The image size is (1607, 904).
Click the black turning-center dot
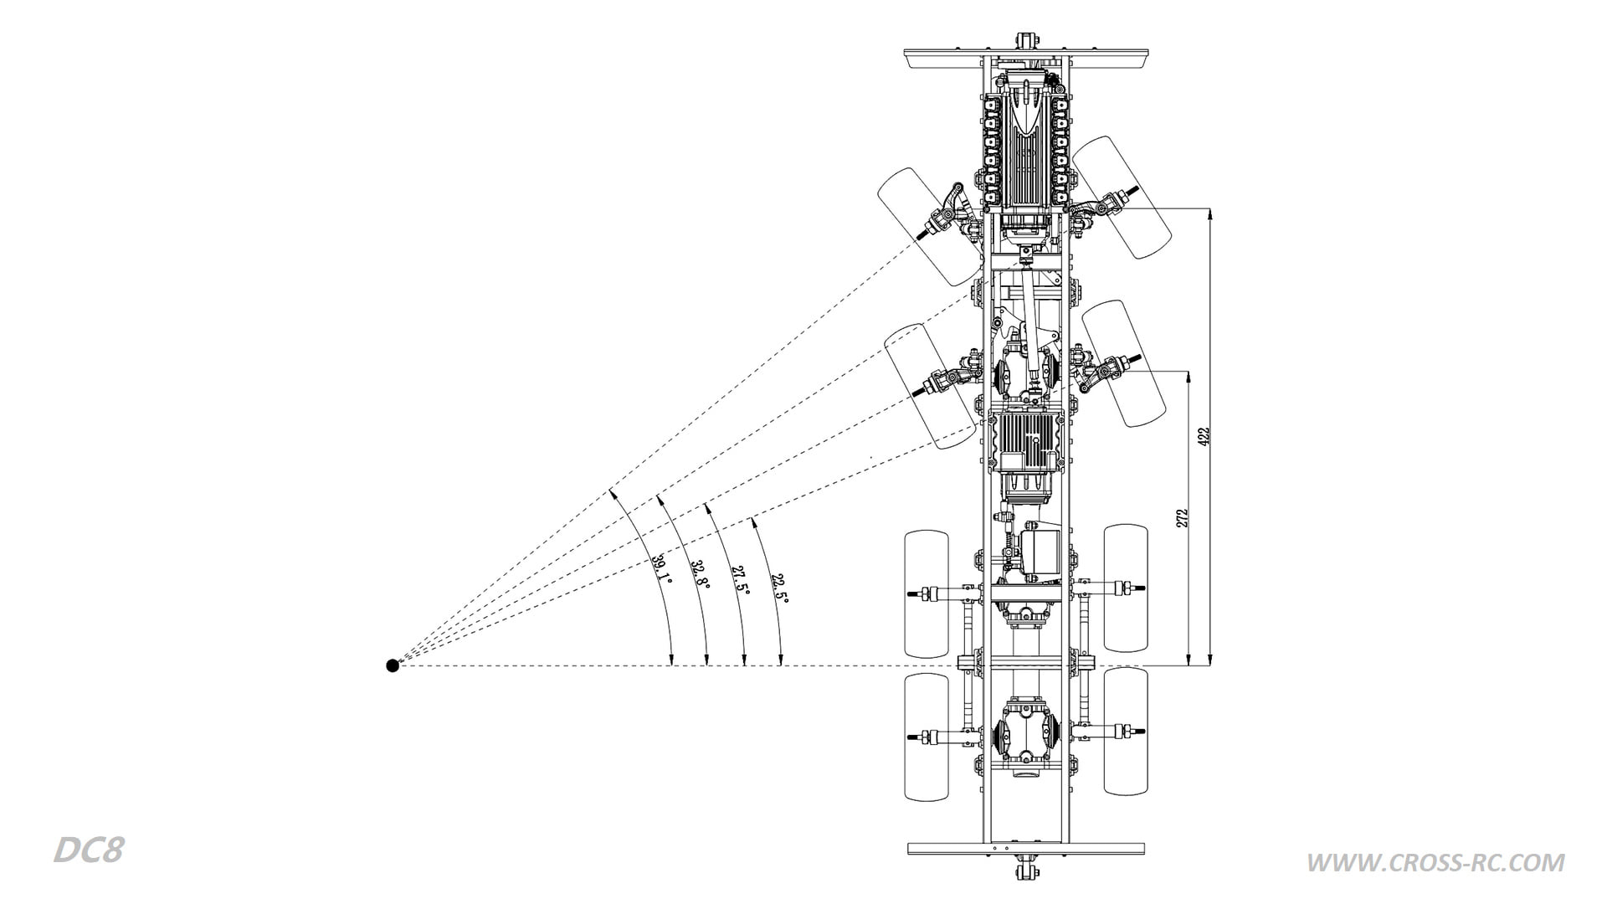pyautogui.click(x=393, y=665)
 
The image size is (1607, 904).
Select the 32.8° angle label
pyautogui.click(x=700, y=574)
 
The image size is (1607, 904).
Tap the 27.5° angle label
pyautogui.click(x=740, y=580)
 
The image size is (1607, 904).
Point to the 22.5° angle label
pyautogui.click(x=779, y=588)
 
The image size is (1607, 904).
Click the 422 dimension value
pyautogui.click(x=1204, y=437)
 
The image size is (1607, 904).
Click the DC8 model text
pyautogui.click(x=89, y=850)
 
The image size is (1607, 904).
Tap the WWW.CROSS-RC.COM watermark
pyautogui.click(x=1435, y=862)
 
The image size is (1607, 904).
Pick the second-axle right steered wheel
pyautogui.click(x=1123, y=363)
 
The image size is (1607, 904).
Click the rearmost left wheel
pyautogui.click(x=927, y=737)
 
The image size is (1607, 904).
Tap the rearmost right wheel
pyautogui.click(x=1127, y=731)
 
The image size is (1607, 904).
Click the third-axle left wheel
pyautogui.click(x=927, y=593)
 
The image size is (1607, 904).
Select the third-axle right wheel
pyautogui.click(x=1127, y=588)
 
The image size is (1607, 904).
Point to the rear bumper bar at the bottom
pyautogui.click(x=1025, y=848)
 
